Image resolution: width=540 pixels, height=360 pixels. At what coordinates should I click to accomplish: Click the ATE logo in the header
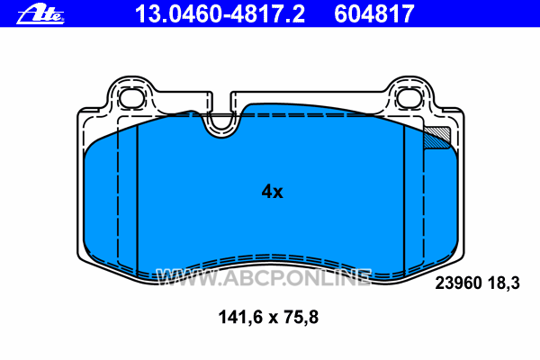click(x=40, y=14)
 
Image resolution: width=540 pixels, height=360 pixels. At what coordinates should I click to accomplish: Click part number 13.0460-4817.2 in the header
click(x=220, y=14)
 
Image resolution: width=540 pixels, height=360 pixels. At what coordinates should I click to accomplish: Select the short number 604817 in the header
click(x=374, y=14)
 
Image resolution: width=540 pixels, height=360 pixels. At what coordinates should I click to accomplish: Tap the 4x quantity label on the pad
click(x=272, y=192)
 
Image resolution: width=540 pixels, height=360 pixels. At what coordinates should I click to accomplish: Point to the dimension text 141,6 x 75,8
click(x=268, y=317)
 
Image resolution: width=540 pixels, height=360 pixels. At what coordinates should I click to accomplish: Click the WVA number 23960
click(x=458, y=283)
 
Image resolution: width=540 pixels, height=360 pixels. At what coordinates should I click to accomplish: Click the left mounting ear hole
click(x=131, y=97)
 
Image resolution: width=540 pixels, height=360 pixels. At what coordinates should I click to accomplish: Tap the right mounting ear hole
click(x=409, y=97)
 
